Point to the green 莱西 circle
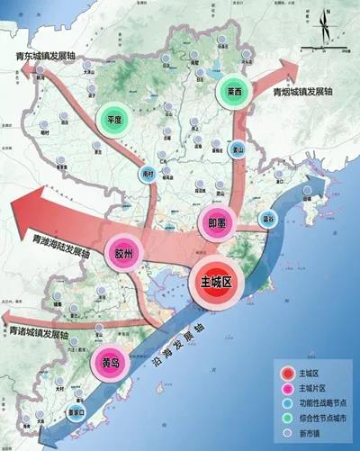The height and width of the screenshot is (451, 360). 237,92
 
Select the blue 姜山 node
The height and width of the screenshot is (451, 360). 238,151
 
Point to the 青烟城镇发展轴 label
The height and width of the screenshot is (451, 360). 306,92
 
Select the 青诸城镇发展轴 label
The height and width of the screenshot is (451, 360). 41,333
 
